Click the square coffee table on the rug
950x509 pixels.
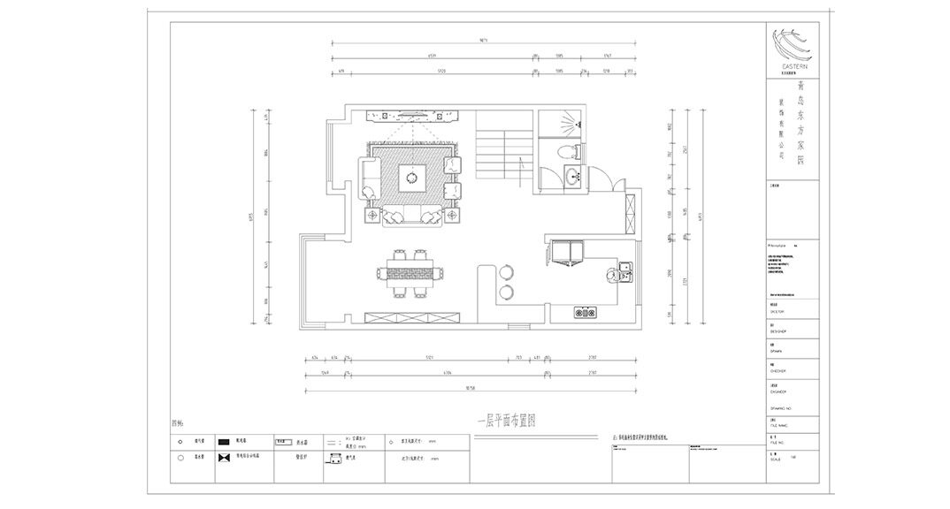click(410, 178)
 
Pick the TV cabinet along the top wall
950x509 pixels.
click(413, 113)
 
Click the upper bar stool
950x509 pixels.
click(508, 270)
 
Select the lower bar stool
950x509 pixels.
click(508, 291)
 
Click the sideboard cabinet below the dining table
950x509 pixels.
click(414, 316)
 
